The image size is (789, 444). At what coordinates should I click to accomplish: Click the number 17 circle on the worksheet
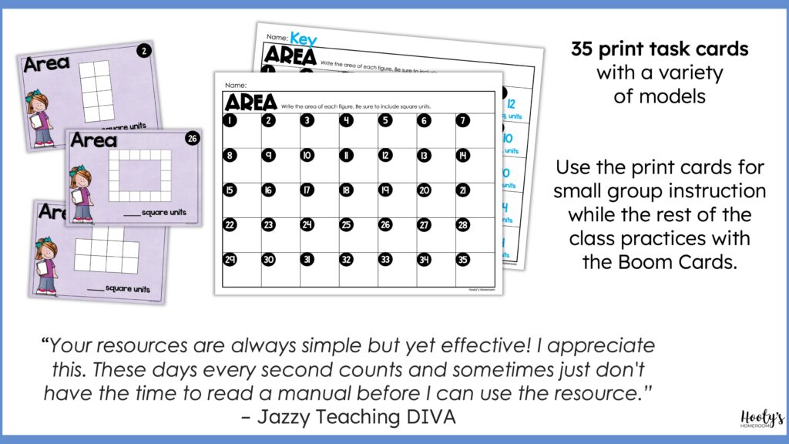click(307, 190)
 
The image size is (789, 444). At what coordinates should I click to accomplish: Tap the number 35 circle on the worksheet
click(463, 260)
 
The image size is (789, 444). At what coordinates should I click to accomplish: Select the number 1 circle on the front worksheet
click(230, 120)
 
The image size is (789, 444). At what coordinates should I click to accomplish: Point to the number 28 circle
click(463, 225)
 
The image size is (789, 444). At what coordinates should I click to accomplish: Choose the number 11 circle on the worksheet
click(347, 155)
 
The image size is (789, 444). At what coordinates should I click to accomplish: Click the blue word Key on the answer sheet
click(303, 38)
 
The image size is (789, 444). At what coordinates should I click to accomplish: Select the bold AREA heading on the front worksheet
click(250, 102)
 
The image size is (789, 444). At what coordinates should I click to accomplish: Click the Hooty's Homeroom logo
click(752, 419)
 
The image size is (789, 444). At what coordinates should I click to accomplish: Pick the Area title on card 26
click(94, 140)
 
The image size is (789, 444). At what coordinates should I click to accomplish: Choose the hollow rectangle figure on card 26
click(139, 175)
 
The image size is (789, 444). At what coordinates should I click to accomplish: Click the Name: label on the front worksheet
click(235, 85)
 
